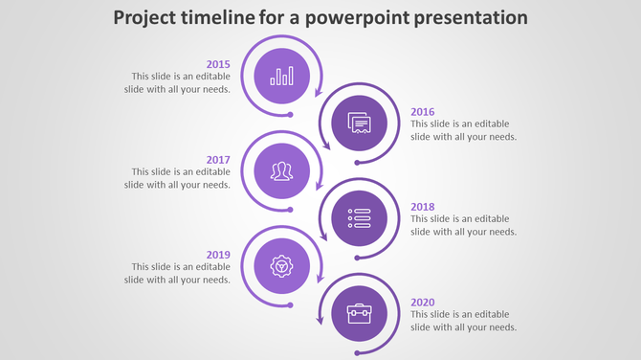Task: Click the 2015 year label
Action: coord(218,64)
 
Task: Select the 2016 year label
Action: coord(423,111)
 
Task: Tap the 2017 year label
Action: coord(218,159)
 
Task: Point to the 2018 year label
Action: coord(423,207)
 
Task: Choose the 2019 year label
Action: coord(218,255)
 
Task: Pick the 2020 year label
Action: coord(423,303)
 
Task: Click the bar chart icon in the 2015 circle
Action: coord(281,76)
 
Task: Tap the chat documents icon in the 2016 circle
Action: coord(359,124)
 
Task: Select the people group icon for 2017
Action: coord(281,171)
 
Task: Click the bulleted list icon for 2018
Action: coord(359,218)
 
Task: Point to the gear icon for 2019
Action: coord(281,266)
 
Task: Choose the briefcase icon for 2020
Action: coord(359,314)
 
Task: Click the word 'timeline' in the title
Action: coord(217,17)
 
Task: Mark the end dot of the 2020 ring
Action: coord(358,352)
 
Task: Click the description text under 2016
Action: coord(464,130)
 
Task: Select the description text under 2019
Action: coord(177,273)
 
